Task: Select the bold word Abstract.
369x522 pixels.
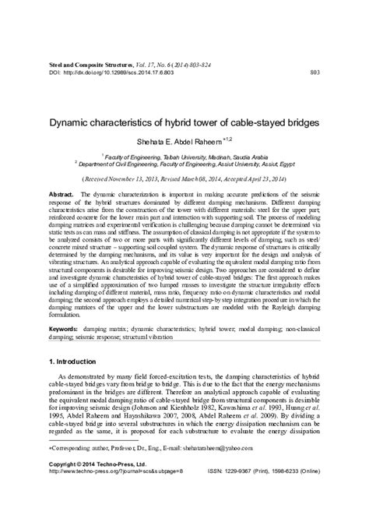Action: (x=61, y=192)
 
